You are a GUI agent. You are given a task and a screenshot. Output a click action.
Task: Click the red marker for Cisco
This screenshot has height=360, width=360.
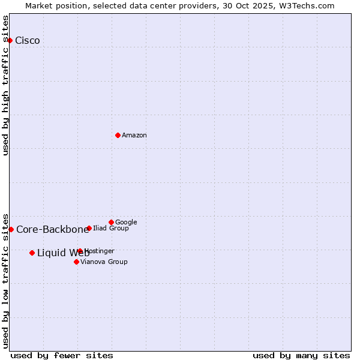[10, 40]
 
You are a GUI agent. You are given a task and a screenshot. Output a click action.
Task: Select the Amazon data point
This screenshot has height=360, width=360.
[118, 135]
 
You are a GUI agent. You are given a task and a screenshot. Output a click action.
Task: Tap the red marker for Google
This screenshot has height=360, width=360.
[111, 222]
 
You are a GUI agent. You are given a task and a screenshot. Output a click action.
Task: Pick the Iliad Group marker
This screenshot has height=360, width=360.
[89, 228]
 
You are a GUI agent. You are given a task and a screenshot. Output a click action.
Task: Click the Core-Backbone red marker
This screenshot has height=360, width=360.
[11, 229]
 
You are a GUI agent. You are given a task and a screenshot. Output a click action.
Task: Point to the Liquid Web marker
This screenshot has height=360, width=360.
[32, 253]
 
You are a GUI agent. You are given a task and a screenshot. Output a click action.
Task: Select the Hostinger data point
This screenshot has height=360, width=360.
[80, 251]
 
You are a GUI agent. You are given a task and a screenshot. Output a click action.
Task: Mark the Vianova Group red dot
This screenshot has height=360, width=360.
[76, 262]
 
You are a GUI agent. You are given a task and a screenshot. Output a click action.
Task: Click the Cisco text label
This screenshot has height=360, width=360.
[28, 40]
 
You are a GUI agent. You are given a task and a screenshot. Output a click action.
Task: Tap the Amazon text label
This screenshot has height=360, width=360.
[134, 135]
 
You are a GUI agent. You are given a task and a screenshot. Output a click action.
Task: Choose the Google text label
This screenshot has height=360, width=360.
[126, 222]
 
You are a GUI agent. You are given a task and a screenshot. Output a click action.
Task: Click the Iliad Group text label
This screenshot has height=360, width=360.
[111, 228]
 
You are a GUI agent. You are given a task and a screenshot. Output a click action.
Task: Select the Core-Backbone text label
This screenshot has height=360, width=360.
[52, 229]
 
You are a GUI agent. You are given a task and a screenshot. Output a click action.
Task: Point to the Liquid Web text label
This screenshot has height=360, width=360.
[63, 253]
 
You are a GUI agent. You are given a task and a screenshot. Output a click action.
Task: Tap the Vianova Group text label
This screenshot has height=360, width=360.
[104, 262]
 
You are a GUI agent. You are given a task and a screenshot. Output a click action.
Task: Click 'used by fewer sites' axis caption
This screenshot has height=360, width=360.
[62, 355]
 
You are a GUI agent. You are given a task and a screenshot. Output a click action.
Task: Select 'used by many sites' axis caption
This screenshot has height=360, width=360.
[301, 355]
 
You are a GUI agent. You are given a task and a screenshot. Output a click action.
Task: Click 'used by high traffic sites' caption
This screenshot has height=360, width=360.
[6, 85]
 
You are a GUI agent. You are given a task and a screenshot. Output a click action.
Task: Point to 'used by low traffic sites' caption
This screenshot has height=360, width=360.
[6, 280]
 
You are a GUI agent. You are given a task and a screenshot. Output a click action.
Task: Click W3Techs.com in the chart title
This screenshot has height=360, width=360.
[311, 5]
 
